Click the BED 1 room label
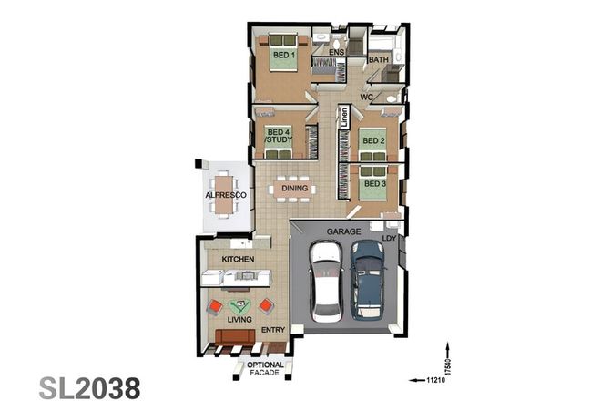coord(283,56)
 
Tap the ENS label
coord(336,53)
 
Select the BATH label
coord(379,60)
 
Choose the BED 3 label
coord(372,184)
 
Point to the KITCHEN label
coord(238,260)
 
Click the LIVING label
coord(240,320)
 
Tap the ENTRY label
coord(273,330)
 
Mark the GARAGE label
coord(343,232)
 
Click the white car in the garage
coord(326,283)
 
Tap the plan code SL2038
coord(89,386)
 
